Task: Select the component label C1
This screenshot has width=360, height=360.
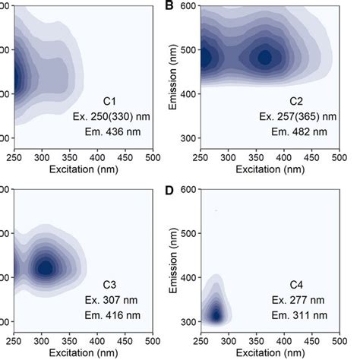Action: pyautogui.click(x=111, y=100)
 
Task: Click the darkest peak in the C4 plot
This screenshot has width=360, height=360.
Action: pyautogui.click(x=216, y=314)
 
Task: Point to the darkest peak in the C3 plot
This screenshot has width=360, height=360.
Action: pyautogui.click(x=46, y=267)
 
